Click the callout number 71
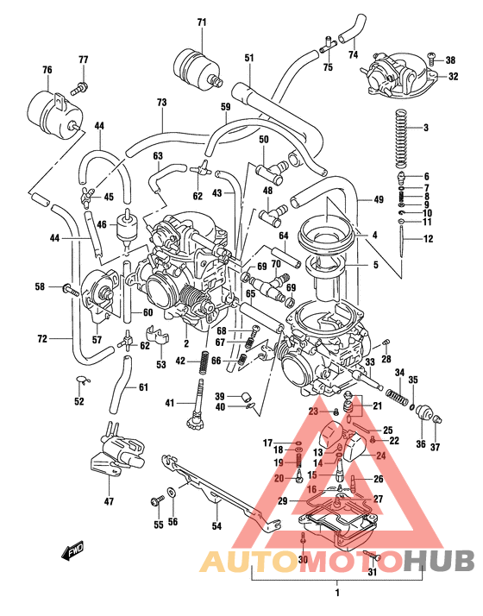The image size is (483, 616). [202, 22]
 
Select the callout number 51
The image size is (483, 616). [248, 58]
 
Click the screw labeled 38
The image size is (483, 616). [432, 60]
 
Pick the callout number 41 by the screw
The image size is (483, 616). [171, 402]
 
